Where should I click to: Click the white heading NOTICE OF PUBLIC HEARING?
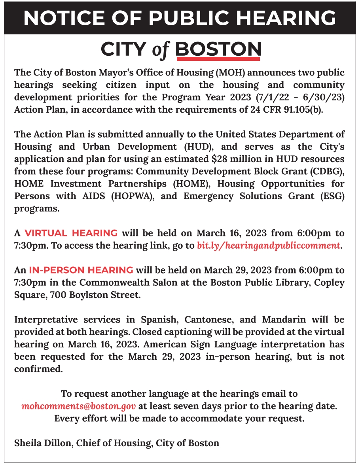[x=180, y=18]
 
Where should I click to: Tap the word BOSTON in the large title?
[x=218, y=49]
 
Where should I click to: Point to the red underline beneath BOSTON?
[x=218, y=59]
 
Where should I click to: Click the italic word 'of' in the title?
[x=160, y=50]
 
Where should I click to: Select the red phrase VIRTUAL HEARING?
[x=71, y=233]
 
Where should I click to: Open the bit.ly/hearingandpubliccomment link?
[x=269, y=245]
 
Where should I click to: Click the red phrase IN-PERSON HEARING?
[x=81, y=270]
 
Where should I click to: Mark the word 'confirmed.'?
[x=38, y=370]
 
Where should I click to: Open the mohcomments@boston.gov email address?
[x=79, y=406]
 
